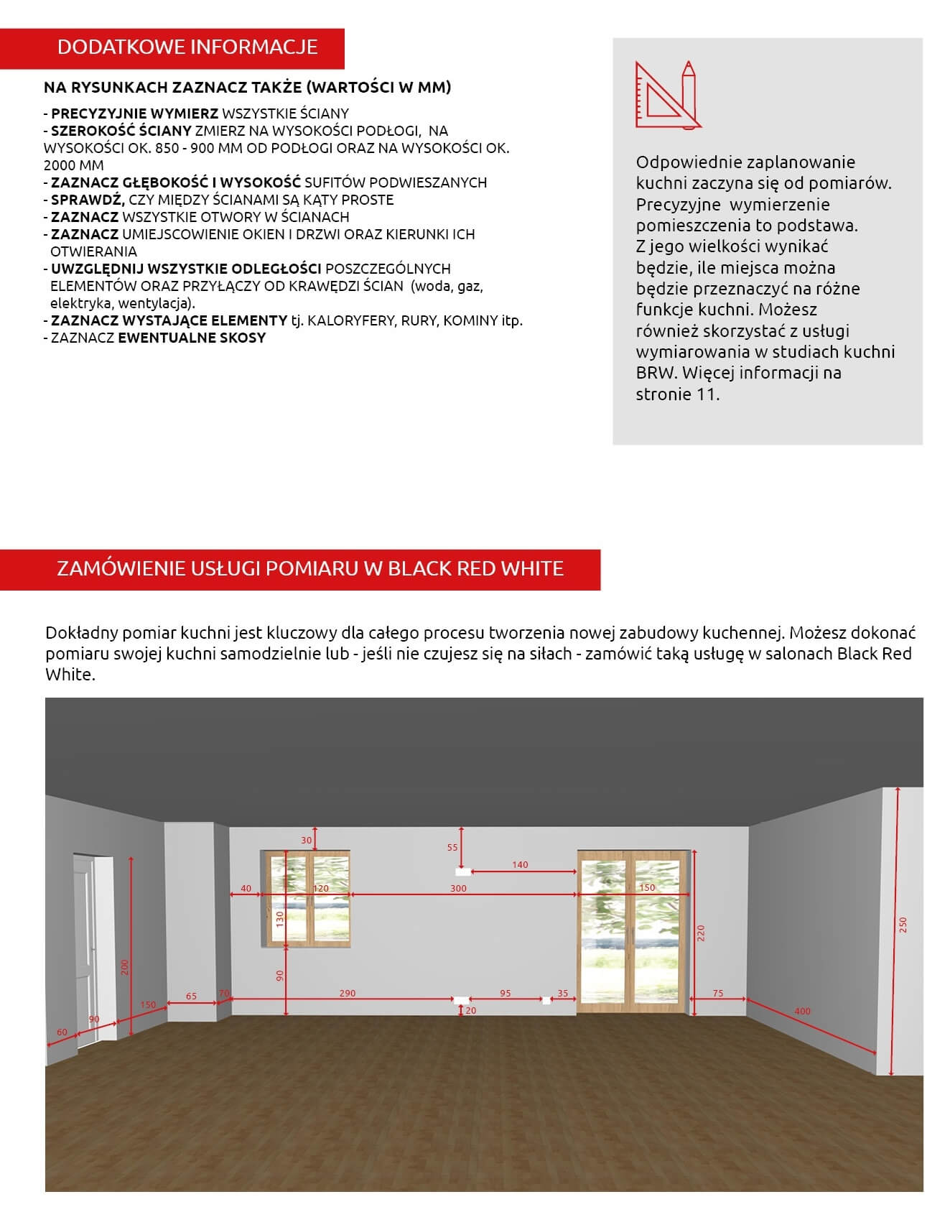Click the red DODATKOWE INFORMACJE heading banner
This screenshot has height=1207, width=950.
[172, 48]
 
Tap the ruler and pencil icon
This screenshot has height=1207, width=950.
[668, 96]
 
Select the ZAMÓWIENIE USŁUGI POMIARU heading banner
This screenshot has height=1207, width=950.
[300, 569]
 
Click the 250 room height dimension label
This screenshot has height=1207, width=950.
[903, 925]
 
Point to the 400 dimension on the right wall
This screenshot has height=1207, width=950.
[802, 1011]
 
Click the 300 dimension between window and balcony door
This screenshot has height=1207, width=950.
[458, 889]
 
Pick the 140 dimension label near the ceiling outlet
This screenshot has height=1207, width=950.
[520, 865]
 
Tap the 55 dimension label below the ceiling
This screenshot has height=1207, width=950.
[452, 848]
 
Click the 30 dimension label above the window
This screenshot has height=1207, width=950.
[307, 841]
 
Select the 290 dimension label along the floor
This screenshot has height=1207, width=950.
[348, 994]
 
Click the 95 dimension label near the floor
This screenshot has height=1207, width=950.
[506, 994]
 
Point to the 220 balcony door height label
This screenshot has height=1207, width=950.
[701, 933]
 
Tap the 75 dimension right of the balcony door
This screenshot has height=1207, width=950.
[718, 994]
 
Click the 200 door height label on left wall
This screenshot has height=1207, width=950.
[124, 967]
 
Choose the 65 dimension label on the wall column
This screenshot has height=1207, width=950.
[191, 996]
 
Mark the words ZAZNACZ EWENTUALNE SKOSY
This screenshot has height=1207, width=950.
[155, 338]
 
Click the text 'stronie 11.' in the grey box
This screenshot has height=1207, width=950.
[677, 394]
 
